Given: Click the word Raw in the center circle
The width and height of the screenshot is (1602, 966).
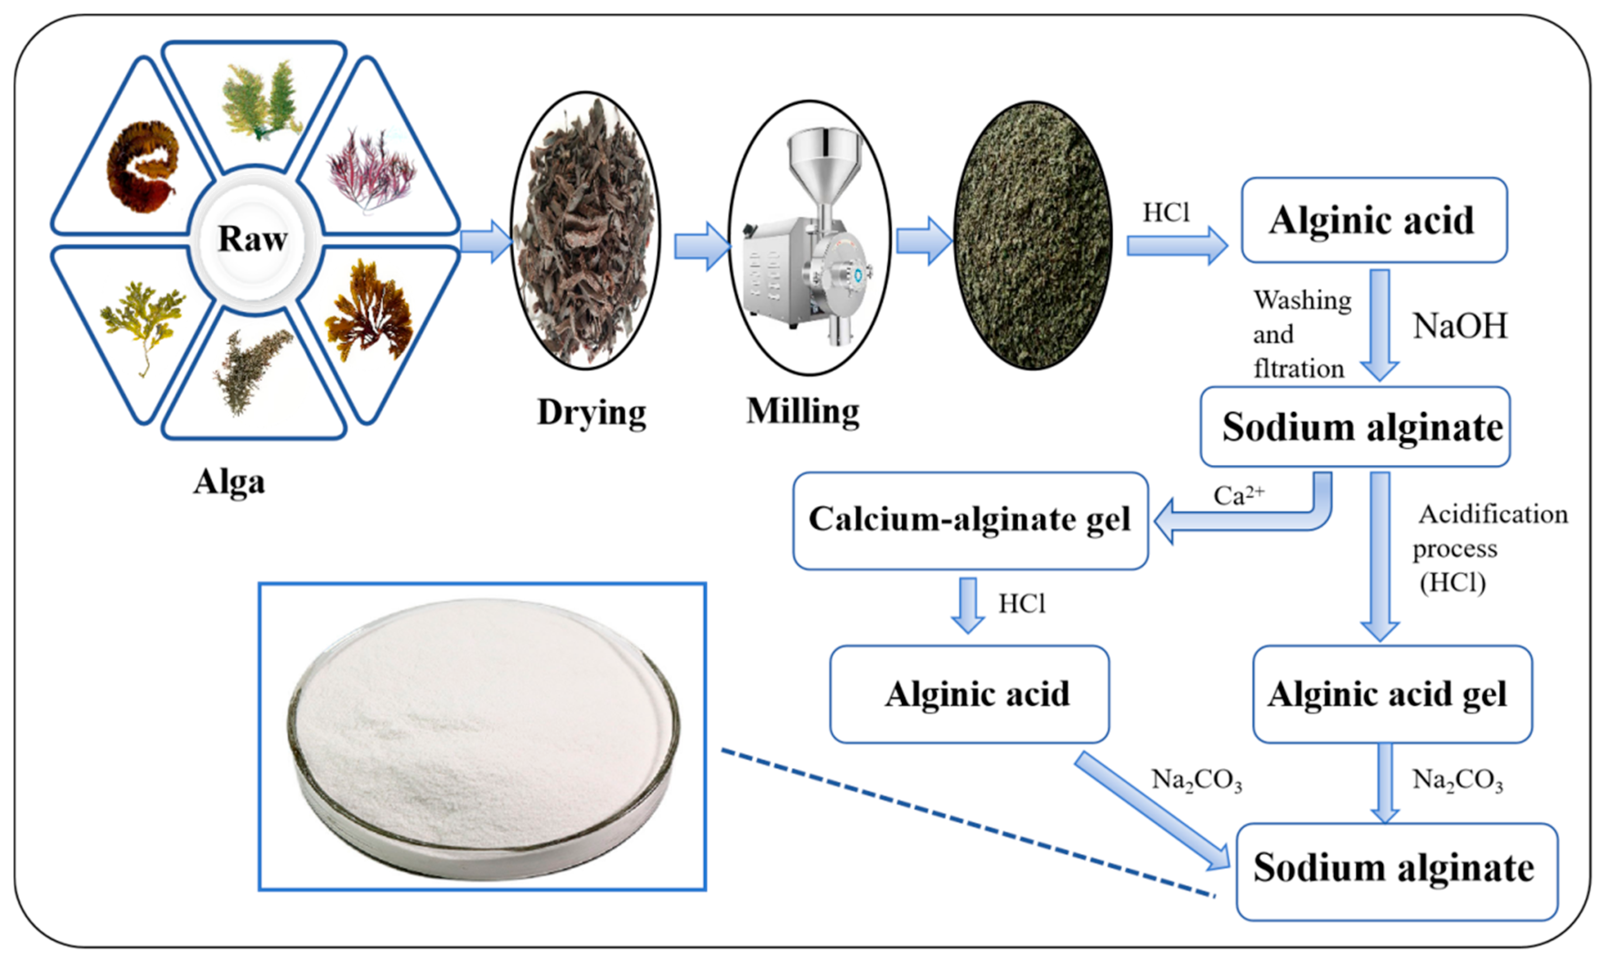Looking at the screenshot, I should pos(253,239).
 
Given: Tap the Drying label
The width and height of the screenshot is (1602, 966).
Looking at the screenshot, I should pos(592,412).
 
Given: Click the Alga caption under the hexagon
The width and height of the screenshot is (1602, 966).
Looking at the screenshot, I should pos(229,483).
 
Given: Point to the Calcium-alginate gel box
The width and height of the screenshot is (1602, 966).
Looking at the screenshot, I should pos(970,520).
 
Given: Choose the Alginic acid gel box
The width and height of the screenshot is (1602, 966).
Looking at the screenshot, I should pos(1392,694).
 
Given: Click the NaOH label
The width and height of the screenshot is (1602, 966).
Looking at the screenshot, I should pos(1460,326).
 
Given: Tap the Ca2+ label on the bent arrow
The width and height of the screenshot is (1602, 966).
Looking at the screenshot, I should pos(1238,496).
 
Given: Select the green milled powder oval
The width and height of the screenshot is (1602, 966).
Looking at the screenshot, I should pos(1033,235).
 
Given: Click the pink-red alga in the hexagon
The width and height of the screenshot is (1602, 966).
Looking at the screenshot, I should pos(370,170).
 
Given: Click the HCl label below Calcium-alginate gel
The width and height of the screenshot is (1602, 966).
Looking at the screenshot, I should pos(1021,604).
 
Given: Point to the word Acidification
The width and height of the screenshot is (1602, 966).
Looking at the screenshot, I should pos(1493,515).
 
